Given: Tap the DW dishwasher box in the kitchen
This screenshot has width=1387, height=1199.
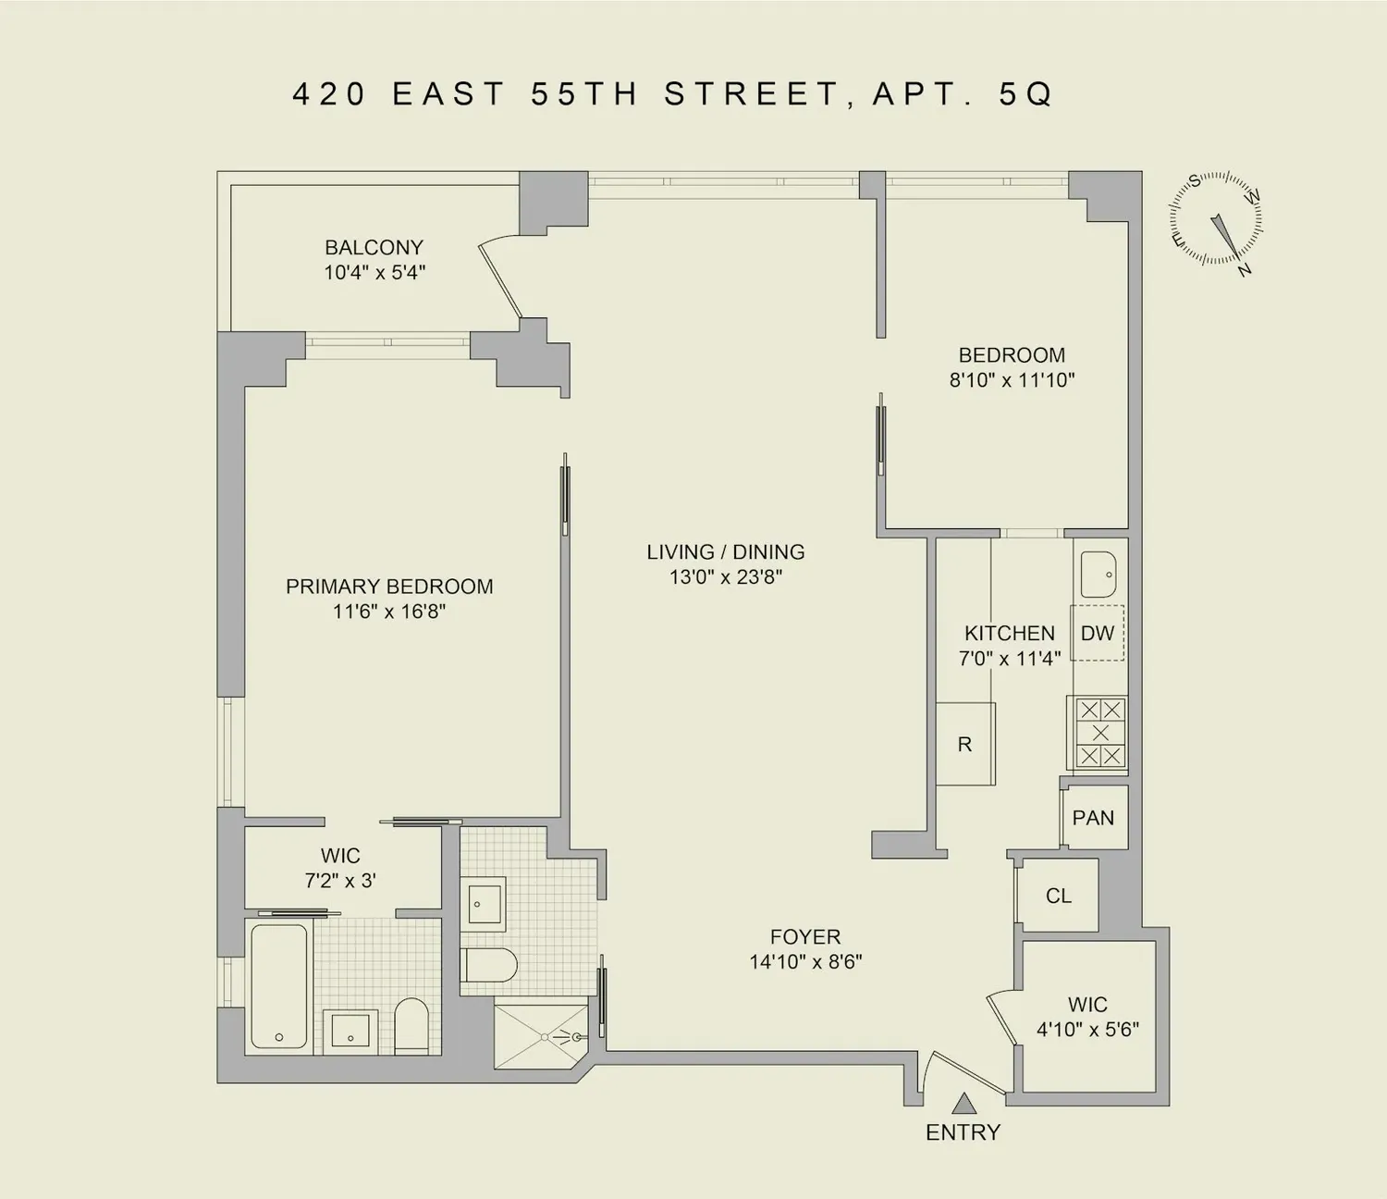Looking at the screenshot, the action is (x=1098, y=633).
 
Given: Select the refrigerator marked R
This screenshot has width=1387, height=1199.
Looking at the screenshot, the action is (x=965, y=744).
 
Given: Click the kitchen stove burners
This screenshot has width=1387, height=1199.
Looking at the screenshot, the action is (x=1100, y=733).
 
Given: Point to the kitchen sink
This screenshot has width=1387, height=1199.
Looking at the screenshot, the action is (x=1099, y=574).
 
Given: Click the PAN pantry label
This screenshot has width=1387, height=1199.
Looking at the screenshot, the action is (x=1093, y=818).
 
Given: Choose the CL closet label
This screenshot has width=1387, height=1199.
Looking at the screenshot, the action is (x=1059, y=896).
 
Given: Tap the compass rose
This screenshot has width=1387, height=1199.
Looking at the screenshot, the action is (x=1216, y=219).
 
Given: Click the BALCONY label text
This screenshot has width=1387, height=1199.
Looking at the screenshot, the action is (x=374, y=248).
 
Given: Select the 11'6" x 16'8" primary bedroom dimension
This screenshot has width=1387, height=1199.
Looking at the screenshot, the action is (x=389, y=612).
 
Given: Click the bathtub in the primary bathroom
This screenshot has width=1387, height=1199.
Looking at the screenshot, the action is (x=279, y=985).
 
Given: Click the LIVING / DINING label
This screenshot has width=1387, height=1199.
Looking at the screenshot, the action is (x=725, y=551).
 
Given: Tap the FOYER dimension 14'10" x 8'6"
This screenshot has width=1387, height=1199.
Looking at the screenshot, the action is (x=805, y=962).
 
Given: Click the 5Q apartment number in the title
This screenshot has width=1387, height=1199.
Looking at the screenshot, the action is (x=1026, y=94).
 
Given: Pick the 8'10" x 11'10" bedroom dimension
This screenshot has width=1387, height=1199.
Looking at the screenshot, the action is (x=1012, y=380).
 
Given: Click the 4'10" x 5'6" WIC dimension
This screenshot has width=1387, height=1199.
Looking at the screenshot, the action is (x=1087, y=1029).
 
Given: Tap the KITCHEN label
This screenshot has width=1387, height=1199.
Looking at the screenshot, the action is (x=1009, y=633).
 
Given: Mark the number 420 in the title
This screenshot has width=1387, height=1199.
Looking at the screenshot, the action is (x=329, y=94).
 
